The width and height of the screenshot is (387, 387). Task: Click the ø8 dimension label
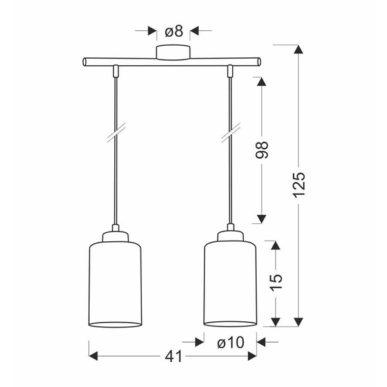[x=173, y=30]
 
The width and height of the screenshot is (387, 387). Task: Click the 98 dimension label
[x=261, y=150]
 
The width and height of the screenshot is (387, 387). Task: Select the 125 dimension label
[x=298, y=186]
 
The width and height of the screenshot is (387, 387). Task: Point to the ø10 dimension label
[x=230, y=342]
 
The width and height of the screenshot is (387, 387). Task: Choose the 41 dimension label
[x=173, y=356]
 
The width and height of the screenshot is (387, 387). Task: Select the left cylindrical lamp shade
[x=114, y=284]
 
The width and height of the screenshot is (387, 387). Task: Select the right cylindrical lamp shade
[x=230, y=284]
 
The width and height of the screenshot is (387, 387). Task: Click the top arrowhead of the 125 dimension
[x=298, y=50]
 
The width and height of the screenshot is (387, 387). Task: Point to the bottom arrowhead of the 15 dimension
[x=275, y=321]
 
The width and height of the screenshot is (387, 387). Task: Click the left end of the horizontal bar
[x=85, y=62]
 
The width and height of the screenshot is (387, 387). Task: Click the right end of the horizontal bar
[x=259, y=62]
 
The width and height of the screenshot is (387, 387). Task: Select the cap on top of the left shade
[x=114, y=235]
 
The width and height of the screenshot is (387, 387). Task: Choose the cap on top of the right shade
[x=230, y=235]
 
